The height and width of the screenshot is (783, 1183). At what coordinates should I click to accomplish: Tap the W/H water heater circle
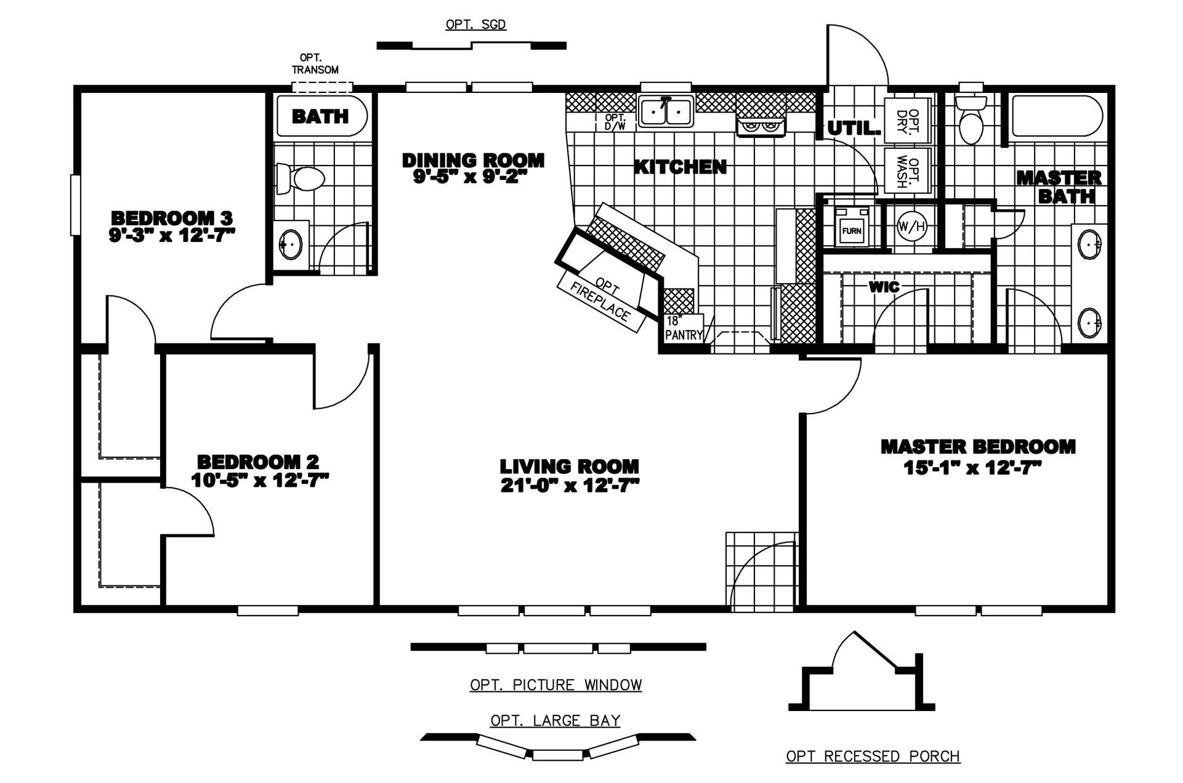pyautogui.click(x=911, y=226)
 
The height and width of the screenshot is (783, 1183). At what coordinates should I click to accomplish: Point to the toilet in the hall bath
pyautogui.click(x=302, y=179)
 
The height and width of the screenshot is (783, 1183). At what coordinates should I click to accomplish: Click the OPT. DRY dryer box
pyautogui.click(x=907, y=120)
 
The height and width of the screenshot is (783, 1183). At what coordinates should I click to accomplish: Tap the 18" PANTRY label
pyautogui.click(x=684, y=329)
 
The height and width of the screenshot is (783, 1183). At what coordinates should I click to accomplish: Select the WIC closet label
pyautogui.click(x=884, y=286)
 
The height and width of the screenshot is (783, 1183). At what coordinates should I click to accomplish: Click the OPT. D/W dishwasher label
pyautogui.click(x=615, y=122)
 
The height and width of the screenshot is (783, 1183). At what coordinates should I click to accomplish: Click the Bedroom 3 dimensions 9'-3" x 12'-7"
pyautogui.click(x=172, y=235)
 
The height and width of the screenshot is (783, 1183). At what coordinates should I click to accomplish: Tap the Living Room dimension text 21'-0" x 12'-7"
pyautogui.click(x=569, y=486)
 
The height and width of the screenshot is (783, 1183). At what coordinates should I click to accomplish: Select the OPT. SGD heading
pyautogui.click(x=475, y=25)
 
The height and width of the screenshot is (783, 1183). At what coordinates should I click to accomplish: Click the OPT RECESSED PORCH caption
pyautogui.click(x=873, y=756)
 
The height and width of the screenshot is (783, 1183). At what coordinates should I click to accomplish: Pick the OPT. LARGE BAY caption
pyautogui.click(x=555, y=720)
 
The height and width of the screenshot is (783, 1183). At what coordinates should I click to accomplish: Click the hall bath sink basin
pyautogui.click(x=291, y=244)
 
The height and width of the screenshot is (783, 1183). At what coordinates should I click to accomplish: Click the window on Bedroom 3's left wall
pyautogui.click(x=75, y=205)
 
